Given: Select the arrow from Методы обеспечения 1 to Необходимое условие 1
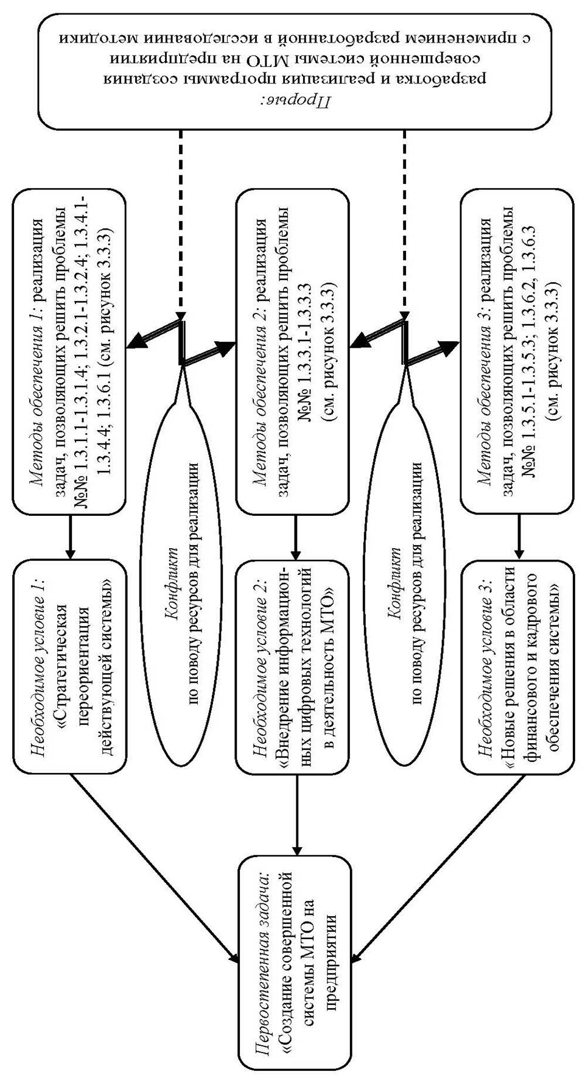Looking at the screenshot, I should coord(70,536).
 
